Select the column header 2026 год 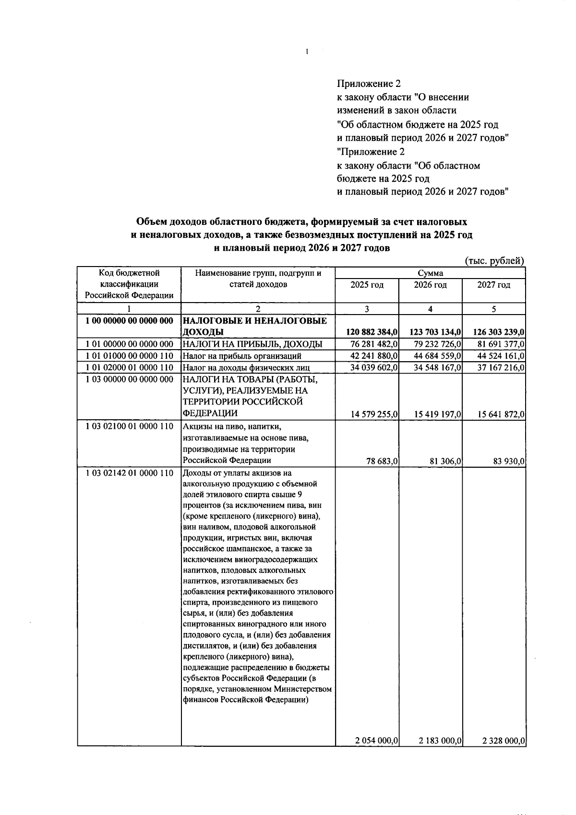coord(430,285)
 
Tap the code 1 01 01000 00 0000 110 coord(129,356)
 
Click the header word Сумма coord(430,273)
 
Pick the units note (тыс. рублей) coord(495,261)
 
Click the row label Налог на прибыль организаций coord(242,356)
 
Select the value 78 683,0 coord(383,461)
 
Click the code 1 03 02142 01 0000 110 coord(129,473)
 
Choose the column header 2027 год coord(493,285)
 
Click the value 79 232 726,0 coord(437,344)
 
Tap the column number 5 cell coord(493,309)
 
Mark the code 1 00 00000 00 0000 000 coord(129,320)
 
